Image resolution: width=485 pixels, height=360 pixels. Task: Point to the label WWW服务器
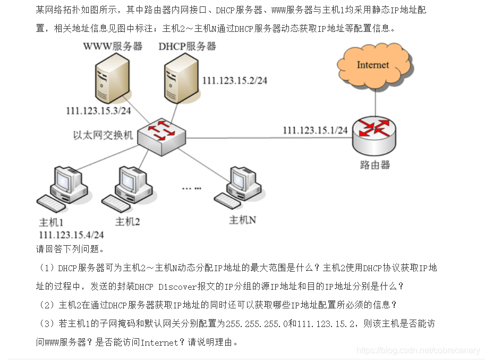[113, 46]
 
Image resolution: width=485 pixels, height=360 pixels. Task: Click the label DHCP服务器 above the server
[187, 46]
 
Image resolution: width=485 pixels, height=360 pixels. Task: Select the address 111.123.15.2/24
[235, 80]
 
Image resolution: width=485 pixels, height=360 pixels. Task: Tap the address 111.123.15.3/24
[98, 111]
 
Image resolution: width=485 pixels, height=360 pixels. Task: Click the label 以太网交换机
[103, 135]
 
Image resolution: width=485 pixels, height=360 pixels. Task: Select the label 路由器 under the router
[375, 165]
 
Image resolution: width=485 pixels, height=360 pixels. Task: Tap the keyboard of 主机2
[115, 202]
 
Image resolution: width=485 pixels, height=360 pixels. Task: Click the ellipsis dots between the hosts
[191, 188]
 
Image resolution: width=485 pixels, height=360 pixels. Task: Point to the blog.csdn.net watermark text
[418, 350]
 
